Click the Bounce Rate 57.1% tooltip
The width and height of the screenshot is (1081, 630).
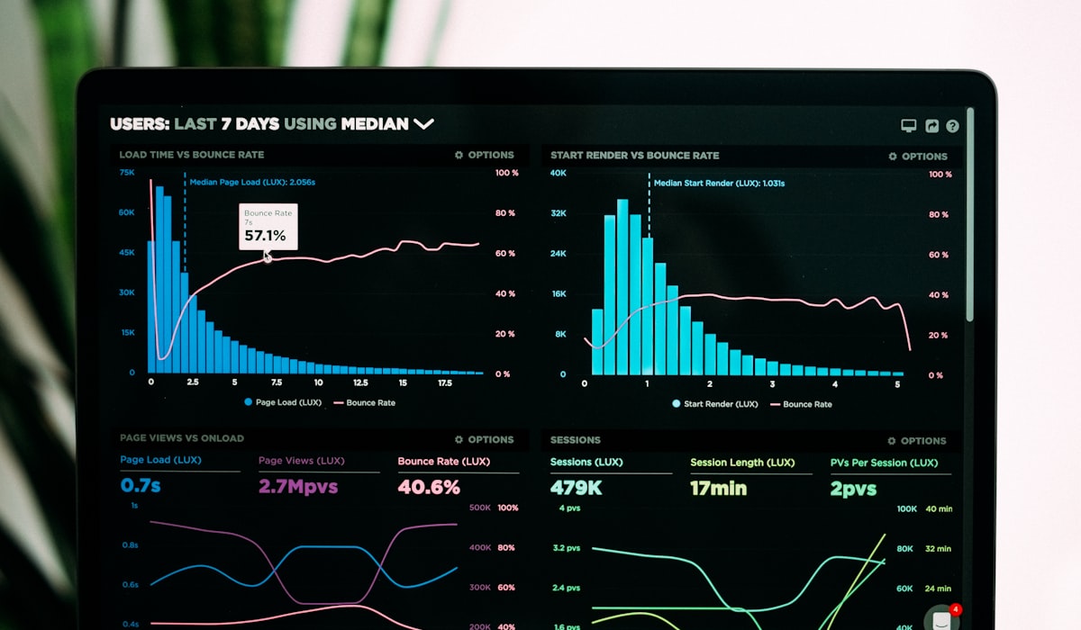268,227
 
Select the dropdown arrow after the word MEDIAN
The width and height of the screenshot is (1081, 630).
423,124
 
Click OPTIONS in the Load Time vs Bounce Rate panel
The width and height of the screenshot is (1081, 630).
485,155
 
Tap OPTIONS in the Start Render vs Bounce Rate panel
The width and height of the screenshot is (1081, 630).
918,156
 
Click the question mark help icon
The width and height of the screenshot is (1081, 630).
952,126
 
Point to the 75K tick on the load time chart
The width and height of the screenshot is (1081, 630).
127,172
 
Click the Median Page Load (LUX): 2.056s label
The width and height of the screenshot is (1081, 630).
252,182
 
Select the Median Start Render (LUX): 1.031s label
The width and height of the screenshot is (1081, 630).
719,183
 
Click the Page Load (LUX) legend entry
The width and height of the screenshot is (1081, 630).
283,402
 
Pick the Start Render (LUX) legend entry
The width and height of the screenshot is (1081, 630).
715,404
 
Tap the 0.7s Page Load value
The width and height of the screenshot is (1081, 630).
141,486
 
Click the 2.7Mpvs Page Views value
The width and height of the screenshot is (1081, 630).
298,487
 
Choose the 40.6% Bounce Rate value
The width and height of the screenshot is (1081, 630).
429,487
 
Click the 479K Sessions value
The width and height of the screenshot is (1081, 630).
577,488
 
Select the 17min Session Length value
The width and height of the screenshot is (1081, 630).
719,488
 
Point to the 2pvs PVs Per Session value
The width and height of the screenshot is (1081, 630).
853,488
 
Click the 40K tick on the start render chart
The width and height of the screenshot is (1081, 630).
559,173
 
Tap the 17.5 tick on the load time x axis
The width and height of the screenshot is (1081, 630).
444,382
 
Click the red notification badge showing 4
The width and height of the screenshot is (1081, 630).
956,609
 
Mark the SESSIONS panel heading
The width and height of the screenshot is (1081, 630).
576,440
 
